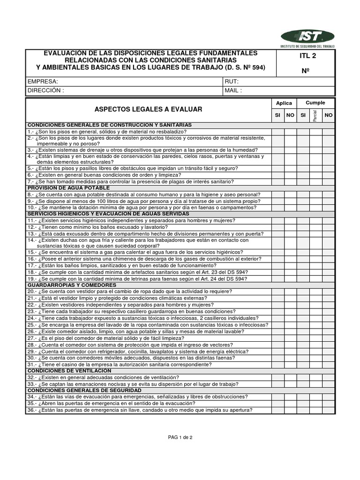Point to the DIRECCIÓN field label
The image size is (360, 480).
pyautogui.click(x=45, y=90)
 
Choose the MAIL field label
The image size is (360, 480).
pyautogui.click(x=233, y=90)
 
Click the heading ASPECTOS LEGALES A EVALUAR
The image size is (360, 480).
pyautogui.click(x=148, y=109)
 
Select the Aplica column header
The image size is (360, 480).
pyautogui.click(x=284, y=103)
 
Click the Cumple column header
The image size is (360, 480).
pyautogui.click(x=315, y=103)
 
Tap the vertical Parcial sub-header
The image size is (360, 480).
pyautogui.click(x=315, y=115)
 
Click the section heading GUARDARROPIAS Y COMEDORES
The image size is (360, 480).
pyautogui.click(x=72, y=285)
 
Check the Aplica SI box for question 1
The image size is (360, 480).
pyautogui.click(x=277, y=132)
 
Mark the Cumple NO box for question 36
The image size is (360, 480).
pyautogui.click(x=329, y=410)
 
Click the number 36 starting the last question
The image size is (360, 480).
pyautogui.click(x=31, y=410)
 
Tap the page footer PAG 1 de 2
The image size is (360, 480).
pyautogui.click(x=180, y=437)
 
